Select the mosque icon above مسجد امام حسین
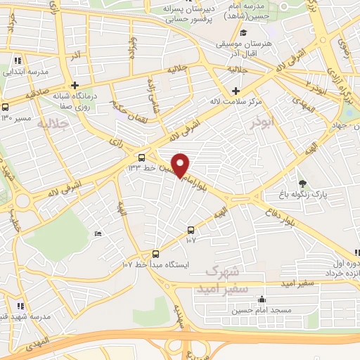(x=262, y=299)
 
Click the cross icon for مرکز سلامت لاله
(x=236, y=91)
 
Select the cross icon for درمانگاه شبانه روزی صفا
(x=75, y=85)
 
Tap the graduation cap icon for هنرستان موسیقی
(x=243, y=32)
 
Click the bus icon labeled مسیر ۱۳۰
(x=6, y=107)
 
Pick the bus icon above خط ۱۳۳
(x=142, y=157)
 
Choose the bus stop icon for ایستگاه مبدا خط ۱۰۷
(x=155, y=255)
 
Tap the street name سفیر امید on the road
(x=296, y=283)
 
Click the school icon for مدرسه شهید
(x=20, y=306)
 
